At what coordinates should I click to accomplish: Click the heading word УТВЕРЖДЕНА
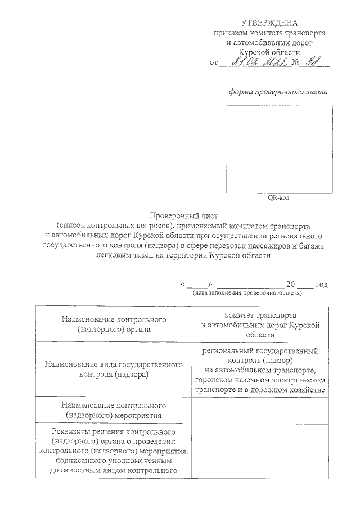tap(268, 23)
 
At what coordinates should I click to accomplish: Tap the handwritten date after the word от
tap(256, 62)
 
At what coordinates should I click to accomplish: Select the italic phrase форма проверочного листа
tap(277, 92)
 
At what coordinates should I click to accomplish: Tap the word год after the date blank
tap(322, 285)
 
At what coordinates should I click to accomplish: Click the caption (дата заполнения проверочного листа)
tap(247, 292)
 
